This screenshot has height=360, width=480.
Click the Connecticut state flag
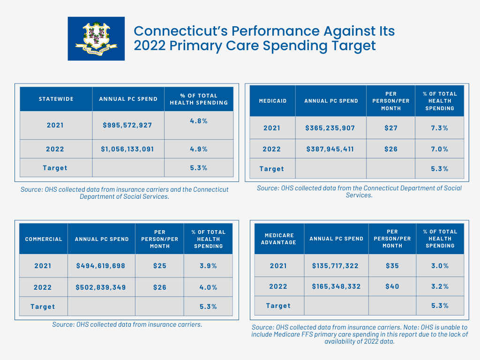[96, 38]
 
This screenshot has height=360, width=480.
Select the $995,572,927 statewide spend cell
[127, 125]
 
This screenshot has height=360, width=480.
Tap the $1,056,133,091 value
[127, 149]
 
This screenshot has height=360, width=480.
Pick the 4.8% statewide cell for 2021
[199, 121]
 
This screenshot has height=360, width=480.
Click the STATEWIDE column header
[56, 99]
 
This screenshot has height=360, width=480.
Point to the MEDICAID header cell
[273, 101]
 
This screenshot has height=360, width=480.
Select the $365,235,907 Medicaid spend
[330, 128]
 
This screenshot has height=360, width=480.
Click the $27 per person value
[391, 128]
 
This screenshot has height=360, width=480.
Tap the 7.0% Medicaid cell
[440, 149]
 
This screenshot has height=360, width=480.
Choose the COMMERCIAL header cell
[44, 239]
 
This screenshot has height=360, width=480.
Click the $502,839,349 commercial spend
[101, 287]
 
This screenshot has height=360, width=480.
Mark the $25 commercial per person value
[160, 266]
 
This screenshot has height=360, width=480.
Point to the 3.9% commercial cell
[209, 266]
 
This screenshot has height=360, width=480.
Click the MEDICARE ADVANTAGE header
[279, 239]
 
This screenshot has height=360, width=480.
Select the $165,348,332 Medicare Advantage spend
[336, 286]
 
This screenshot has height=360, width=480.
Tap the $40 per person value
[392, 286]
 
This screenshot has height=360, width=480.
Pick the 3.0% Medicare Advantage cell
[440, 266]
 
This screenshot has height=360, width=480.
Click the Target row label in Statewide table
[55, 168]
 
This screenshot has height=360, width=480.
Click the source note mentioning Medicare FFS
[360, 334]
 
